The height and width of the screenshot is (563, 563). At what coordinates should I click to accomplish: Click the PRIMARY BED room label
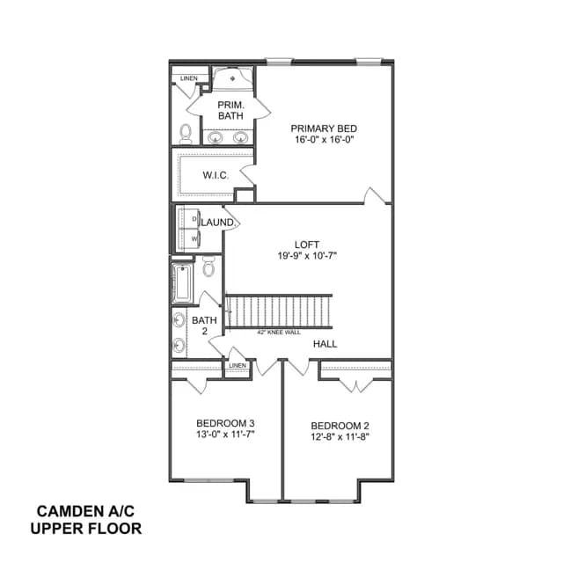(x=324, y=128)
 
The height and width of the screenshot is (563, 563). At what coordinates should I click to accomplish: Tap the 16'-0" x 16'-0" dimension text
(x=325, y=140)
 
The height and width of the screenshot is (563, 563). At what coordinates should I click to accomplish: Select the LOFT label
(x=307, y=245)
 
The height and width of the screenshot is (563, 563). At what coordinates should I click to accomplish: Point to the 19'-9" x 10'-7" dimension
(x=307, y=256)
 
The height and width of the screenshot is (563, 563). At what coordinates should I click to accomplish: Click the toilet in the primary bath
(x=186, y=134)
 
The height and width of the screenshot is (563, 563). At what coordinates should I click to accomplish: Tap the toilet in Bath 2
(x=208, y=267)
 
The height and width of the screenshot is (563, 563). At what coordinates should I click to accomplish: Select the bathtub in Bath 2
(x=182, y=283)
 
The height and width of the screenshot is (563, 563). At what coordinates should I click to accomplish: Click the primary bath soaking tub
(x=232, y=78)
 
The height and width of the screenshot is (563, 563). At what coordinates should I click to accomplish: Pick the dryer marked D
(x=189, y=219)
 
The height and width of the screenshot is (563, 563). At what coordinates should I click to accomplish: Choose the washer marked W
(x=189, y=238)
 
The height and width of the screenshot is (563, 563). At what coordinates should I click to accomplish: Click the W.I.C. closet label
(x=216, y=175)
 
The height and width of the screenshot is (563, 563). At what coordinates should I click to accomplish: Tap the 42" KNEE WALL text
(x=279, y=333)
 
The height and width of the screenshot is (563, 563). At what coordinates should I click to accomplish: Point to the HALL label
(x=325, y=344)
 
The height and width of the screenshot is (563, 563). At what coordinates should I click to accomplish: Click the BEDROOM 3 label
(x=225, y=423)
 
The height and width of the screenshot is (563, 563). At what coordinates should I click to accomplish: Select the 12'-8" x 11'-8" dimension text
(x=340, y=437)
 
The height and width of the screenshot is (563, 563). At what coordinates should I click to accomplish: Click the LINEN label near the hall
(x=238, y=366)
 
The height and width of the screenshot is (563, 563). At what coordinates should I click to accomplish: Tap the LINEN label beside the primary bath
(x=189, y=78)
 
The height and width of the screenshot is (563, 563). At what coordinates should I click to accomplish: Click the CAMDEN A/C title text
(x=85, y=511)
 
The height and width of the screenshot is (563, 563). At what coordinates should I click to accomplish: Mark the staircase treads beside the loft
(x=279, y=311)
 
